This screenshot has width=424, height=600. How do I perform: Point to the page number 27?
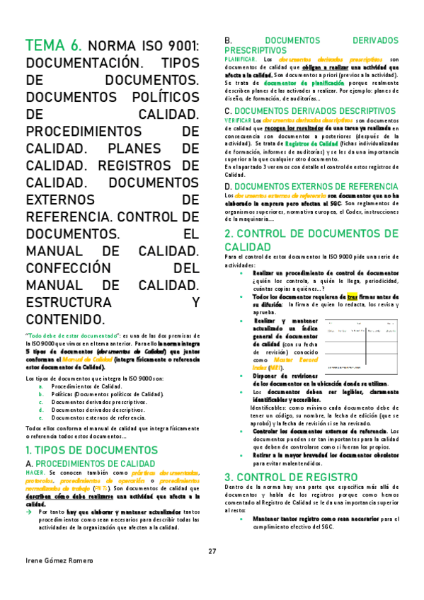click(x=212, y=532)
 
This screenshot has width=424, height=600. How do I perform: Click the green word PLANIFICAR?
click(x=239, y=59)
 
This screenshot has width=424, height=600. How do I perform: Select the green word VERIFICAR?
click(x=239, y=121)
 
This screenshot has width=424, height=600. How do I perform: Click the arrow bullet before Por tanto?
click(x=30, y=511)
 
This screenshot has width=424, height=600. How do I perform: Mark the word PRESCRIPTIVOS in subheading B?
click(x=256, y=51)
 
